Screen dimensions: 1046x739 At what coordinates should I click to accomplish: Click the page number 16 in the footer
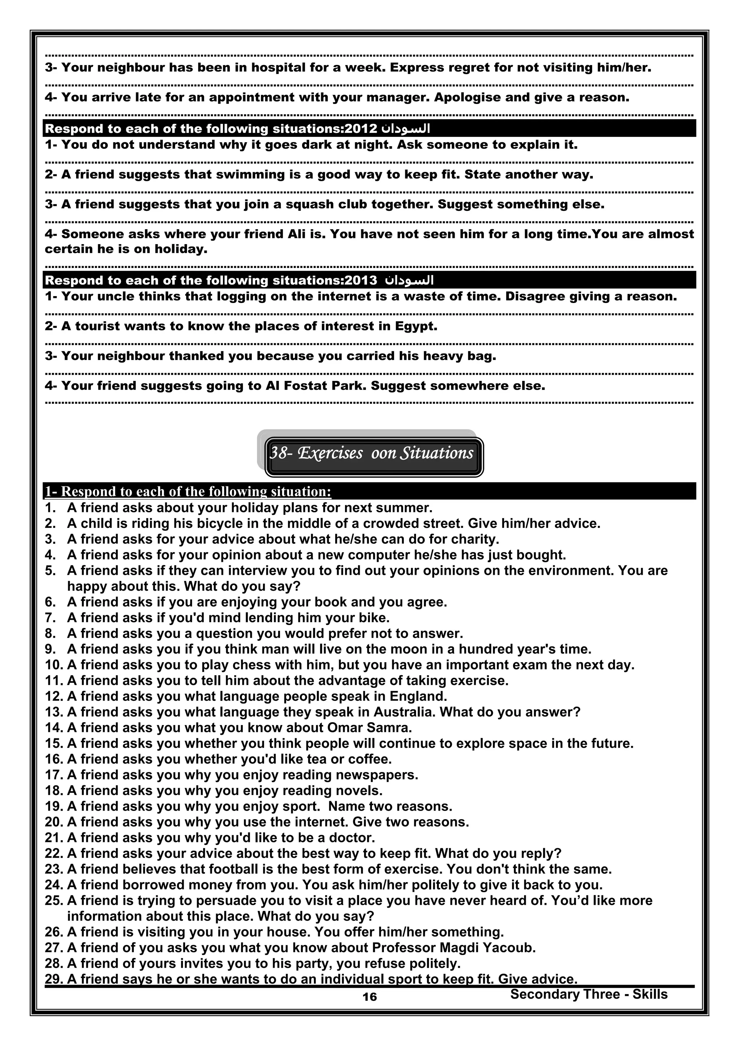[x=369, y=997]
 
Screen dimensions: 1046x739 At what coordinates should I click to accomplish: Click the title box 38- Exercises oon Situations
[x=372, y=453]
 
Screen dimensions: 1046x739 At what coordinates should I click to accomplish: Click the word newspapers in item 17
[x=375, y=775]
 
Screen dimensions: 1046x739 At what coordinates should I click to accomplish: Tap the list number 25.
[x=54, y=900]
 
